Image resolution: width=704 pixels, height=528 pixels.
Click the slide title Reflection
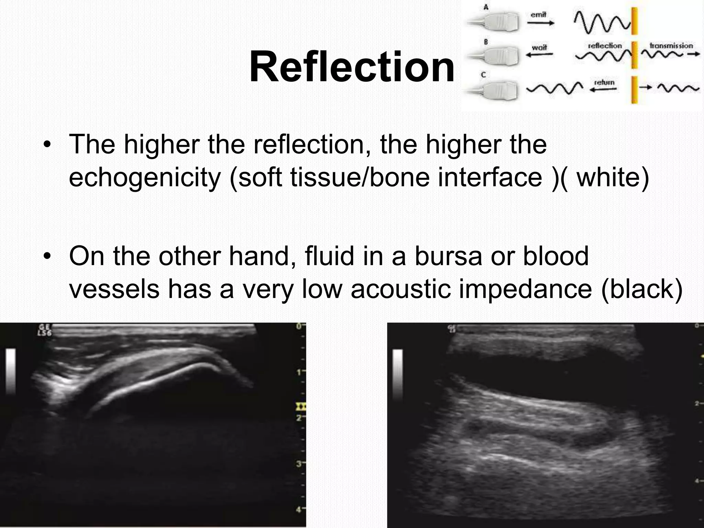coord(352,67)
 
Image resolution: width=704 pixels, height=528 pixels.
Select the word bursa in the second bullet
coord(448,256)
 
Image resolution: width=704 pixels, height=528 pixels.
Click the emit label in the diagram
coord(538,15)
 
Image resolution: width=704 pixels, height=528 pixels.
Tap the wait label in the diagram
coord(539,48)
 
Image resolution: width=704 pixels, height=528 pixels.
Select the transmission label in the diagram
coord(671,46)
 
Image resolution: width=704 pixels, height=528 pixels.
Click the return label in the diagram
coord(604,82)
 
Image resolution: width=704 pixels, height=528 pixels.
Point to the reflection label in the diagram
coord(605,46)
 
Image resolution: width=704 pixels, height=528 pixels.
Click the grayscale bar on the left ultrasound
coord(11,371)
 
